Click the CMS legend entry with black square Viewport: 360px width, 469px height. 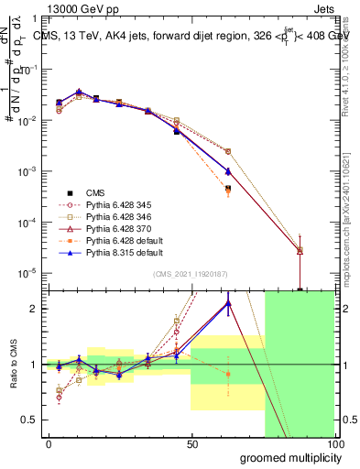95,192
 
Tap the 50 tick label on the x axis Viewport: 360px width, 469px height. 192,444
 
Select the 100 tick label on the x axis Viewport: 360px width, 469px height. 335,444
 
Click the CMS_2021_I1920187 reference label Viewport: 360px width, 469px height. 190,274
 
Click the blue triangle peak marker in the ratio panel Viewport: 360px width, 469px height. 227,304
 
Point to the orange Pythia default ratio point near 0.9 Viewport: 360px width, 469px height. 227,374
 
